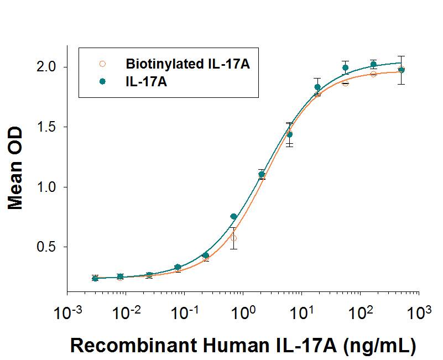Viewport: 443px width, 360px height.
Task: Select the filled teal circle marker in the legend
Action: point(102,81)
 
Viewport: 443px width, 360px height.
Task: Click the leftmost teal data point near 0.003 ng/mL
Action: point(95,278)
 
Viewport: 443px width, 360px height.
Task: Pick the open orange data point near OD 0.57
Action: point(233,238)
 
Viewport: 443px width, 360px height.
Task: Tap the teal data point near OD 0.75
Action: point(233,216)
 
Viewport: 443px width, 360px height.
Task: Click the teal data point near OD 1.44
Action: point(289,134)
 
